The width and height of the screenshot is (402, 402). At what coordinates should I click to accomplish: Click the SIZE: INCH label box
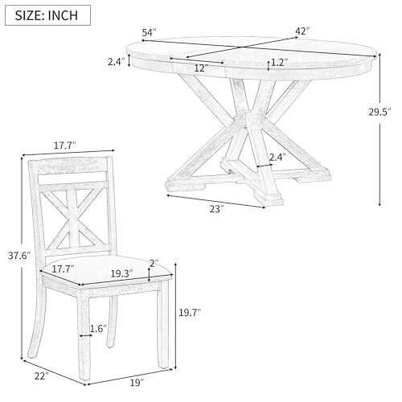pyautogui.click(x=47, y=15)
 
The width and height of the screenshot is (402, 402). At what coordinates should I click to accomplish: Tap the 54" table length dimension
pyautogui.click(x=149, y=33)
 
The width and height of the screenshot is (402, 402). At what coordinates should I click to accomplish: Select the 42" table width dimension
pyautogui.click(x=302, y=31)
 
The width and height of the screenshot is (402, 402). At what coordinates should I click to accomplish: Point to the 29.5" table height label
pyautogui.click(x=380, y=112)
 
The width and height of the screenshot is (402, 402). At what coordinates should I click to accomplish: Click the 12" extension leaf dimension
pyautogui.click(x=201, y=68)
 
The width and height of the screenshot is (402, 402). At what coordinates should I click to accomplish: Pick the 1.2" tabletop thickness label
pyautogui.click(x=280, y=63)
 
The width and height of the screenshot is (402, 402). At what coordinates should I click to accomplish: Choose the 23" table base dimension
pyautogui.click(x=216, y=209)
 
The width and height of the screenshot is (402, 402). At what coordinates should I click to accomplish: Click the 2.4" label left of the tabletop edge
pyautogui.click(x=117, y=62)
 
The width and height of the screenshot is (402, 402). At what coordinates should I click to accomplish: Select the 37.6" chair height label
pyautogui.click(x=19, y=256)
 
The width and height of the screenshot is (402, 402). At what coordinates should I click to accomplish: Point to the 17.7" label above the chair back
pyautogui.click(x=65, y=146)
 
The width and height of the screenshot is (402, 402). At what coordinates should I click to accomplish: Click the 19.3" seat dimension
pyautogui.click(x=122, y=273)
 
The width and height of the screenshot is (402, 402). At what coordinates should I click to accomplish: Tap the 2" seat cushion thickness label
pyautogui.click(x=154, y=264)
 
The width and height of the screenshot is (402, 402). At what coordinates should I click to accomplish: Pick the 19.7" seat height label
pyautogui.click(x=190, y=313)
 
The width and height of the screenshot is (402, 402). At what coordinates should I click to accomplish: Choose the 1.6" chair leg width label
pyautogui.click(x=98, y=329)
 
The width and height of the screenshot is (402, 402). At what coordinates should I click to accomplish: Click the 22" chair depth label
pyautogui.click(x=42, y=376)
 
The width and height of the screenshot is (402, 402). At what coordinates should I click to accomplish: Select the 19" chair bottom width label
pyautogui.click(x=137, y=383)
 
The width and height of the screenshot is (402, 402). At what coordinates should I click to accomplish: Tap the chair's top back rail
pyautogui.click(x=71, y=166)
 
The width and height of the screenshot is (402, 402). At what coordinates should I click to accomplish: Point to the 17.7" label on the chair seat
pyautogui.click(x=63, y=269)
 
